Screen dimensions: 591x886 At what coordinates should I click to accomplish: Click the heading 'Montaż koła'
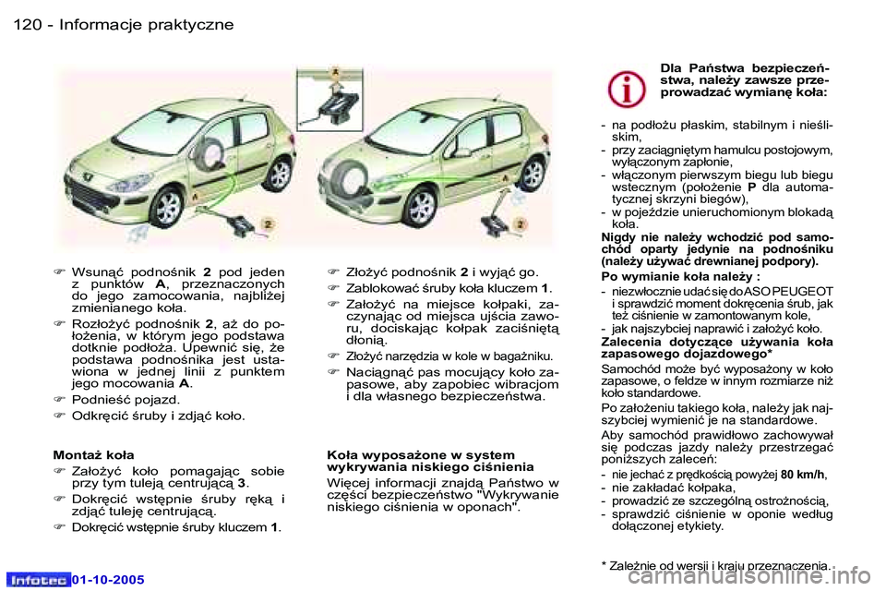pos(93,455)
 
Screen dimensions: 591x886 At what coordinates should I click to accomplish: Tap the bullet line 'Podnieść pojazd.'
pos(120,400)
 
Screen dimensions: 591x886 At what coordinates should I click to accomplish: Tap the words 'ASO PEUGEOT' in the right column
pos(788,291)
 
